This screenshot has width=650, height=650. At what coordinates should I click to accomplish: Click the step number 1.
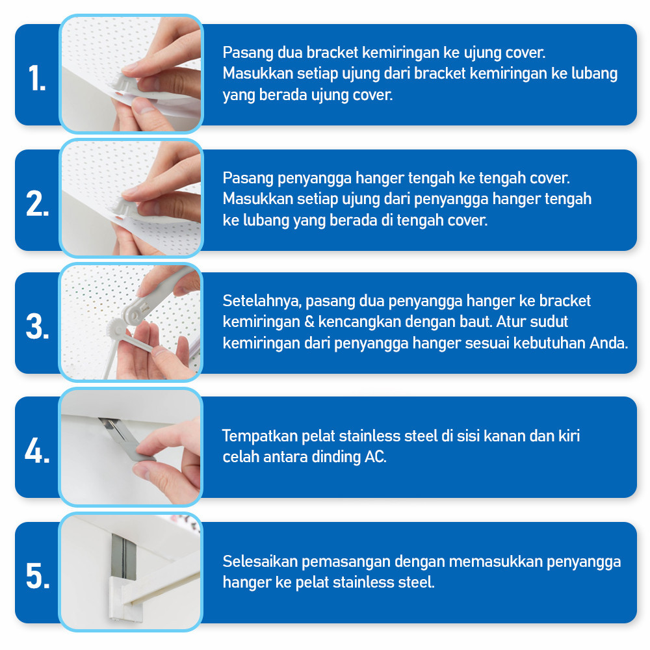37,78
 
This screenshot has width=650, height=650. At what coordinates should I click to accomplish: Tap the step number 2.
37,203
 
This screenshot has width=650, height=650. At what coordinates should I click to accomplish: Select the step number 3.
37,327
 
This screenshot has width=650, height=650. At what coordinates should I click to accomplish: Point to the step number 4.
37,450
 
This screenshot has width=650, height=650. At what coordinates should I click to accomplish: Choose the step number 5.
38,575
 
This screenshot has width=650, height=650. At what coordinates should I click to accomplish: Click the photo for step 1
131,74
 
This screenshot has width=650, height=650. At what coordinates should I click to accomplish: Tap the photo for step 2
131,198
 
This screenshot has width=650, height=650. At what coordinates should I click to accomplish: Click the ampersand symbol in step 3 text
309,322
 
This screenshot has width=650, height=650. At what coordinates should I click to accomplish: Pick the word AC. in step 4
376,457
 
